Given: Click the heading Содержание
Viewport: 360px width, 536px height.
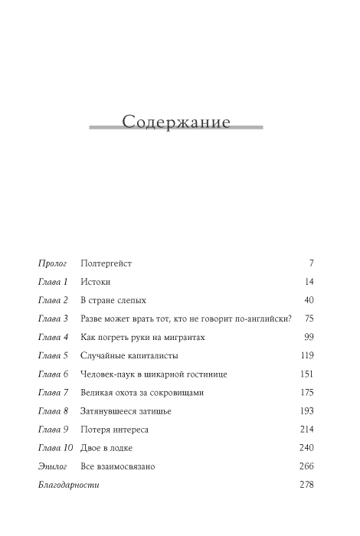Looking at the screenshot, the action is [x=176, y=122].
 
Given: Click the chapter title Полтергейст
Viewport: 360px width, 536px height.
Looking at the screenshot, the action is [x=106, y=263].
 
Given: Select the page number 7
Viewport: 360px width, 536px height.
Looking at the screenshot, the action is [x=311, y=263].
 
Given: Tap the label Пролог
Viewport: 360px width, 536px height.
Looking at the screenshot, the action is [x=52, y=263].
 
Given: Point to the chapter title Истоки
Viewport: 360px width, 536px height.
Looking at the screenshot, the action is [x=95, y=282].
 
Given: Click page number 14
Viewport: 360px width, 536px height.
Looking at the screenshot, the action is [x=309, y=282].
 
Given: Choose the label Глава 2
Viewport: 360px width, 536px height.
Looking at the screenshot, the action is [x=53, y=300].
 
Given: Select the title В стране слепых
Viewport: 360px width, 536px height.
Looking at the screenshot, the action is [x=113, y=300].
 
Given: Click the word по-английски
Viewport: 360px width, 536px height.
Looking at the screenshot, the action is [x=258, y=319].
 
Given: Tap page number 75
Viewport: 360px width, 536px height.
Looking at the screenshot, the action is [x=309, y=319].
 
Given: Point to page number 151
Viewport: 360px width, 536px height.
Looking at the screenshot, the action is [x=307, y=374].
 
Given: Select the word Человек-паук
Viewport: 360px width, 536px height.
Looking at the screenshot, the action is [x=109, y=374].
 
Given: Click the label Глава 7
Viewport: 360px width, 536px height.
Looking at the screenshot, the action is [x=53, y=393].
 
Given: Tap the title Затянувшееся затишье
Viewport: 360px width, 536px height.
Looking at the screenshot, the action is [x=126, y=411].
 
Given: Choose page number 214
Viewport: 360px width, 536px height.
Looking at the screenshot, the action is [x=307, y=430].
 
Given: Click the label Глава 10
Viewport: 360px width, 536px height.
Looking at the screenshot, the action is [x=55, y=448].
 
